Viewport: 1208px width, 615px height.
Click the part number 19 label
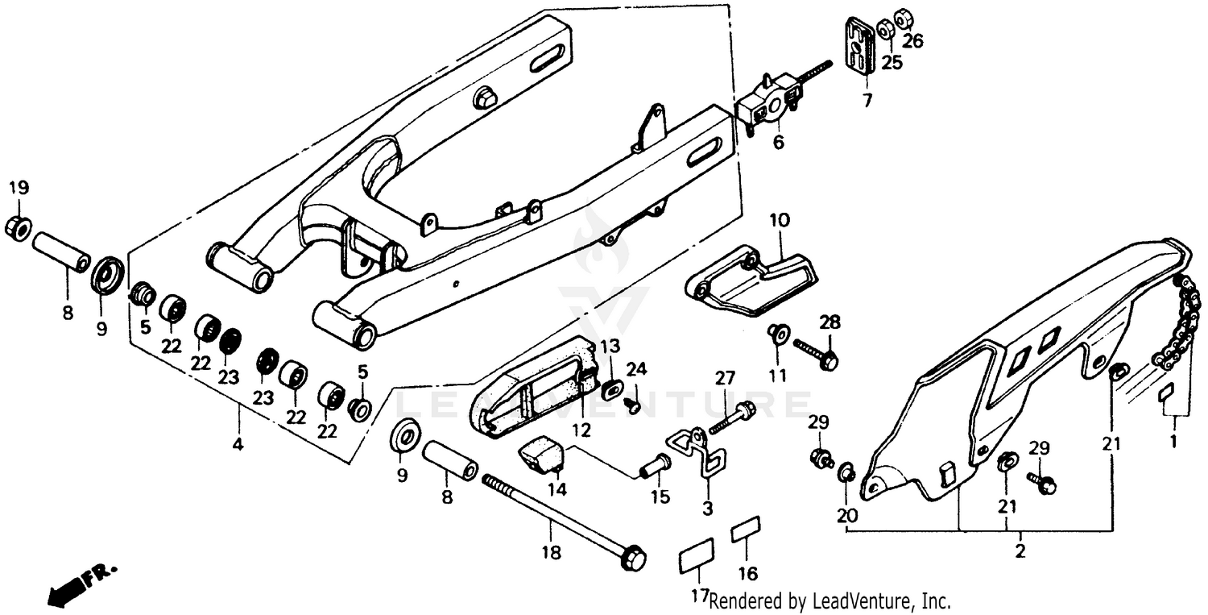click(x=19, y=188)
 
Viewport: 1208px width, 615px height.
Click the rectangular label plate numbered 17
click(x=697, y=554)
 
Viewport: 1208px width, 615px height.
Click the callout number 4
click(x=238, y=443)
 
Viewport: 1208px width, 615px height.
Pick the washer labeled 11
click(x=778, y=332)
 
